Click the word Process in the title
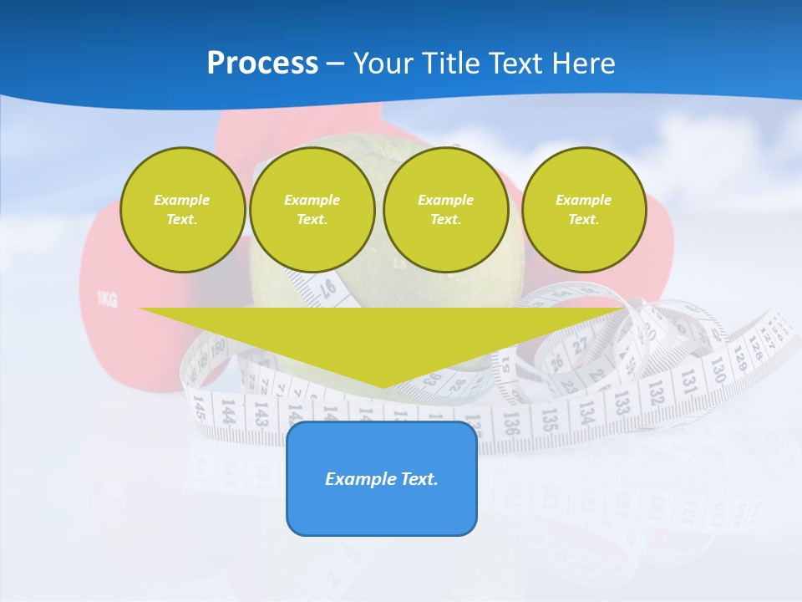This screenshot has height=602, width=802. point(262,64)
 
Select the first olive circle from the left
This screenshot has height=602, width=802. point(182,210)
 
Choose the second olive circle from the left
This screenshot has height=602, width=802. point(312,210)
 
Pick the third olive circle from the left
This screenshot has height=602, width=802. point(445,210)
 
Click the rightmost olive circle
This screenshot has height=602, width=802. point(583,210)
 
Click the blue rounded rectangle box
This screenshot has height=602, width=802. point(382,478)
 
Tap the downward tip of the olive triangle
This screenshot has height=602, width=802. point(382,385)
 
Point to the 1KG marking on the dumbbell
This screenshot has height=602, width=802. point(106,298)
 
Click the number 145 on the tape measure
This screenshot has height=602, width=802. point(199,408)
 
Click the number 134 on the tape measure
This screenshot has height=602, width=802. point(586,410)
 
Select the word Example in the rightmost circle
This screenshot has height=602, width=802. point(583,200)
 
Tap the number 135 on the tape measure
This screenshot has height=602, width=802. point(549,416)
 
